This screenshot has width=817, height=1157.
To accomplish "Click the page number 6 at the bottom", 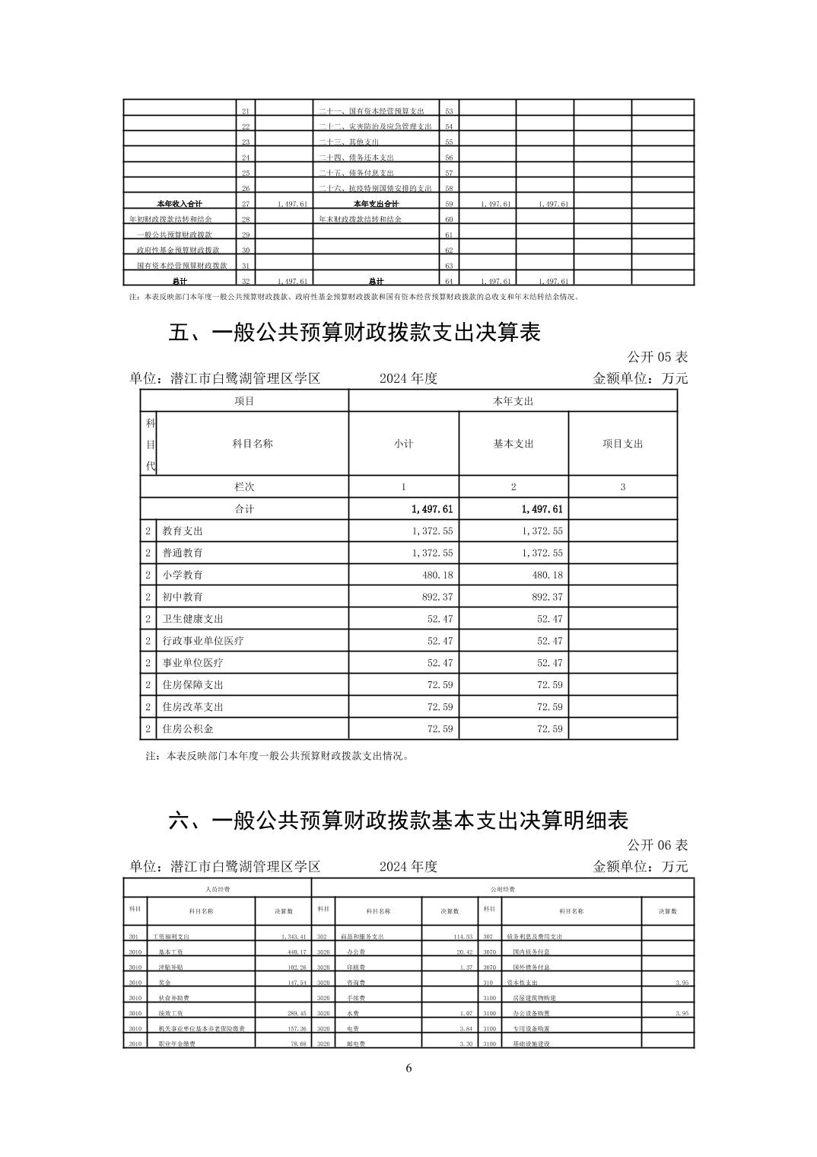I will click(408, 1068).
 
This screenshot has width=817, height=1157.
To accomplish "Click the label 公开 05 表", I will click(657, 357).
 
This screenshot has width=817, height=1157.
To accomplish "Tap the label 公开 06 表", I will click(657, 845).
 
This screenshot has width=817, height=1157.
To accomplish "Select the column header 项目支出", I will click(622, 444).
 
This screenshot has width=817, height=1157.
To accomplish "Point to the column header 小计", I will click(403, 444).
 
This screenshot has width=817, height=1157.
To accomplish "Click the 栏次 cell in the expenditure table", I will click(244, 487).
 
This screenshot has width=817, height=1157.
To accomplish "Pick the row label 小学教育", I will click(183, 575).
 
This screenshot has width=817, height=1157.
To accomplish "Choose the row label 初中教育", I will click(183, 597).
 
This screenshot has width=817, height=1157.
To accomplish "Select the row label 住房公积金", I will click(187, 729).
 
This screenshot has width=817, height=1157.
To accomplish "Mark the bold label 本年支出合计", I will click(376, 204).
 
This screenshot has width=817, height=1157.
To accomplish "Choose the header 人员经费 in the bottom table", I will click(218, 888).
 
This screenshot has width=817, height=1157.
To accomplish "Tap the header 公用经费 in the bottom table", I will click(503, 888).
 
